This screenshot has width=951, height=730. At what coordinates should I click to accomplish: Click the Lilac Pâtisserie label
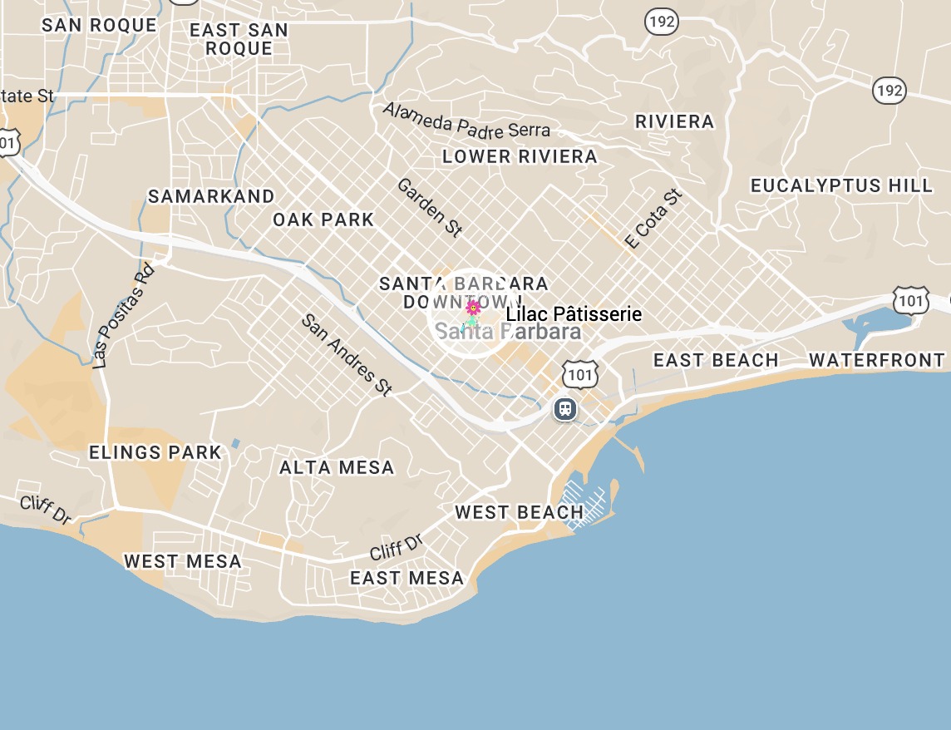(x=574, y=314)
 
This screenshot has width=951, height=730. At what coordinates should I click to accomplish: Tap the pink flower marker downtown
(x=473, y=308)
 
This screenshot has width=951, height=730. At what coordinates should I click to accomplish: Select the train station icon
(x=565, y=408)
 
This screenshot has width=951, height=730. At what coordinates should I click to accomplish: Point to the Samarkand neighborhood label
(x=211, y=196)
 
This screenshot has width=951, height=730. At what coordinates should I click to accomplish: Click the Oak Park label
(x=323, y=220)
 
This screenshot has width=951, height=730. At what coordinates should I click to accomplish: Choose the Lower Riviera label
(x=520, y=156)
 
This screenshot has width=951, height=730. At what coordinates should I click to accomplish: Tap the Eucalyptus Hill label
(x=841, y=185)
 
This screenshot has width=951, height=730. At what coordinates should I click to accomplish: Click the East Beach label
(x=716, y=360)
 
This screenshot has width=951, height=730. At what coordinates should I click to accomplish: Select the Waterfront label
(x=876, y=360)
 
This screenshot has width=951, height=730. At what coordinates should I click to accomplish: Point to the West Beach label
(x=519, y=512)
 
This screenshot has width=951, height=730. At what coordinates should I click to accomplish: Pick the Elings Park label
(x=155, y=452)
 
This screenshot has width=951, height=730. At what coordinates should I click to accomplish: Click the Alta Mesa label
(x=337, y=467)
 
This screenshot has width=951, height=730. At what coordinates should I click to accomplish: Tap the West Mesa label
(x=183, y=561)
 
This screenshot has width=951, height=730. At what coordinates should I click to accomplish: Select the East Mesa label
(x=407, y=578)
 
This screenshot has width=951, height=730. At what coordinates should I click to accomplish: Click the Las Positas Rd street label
(x=124, y=316)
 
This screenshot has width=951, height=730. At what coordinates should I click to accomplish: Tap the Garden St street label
(x=429, y=207)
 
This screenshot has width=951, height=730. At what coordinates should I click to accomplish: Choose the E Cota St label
(x=654, y=219)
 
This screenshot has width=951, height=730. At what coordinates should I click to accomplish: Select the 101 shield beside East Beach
(x=580, y=375)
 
